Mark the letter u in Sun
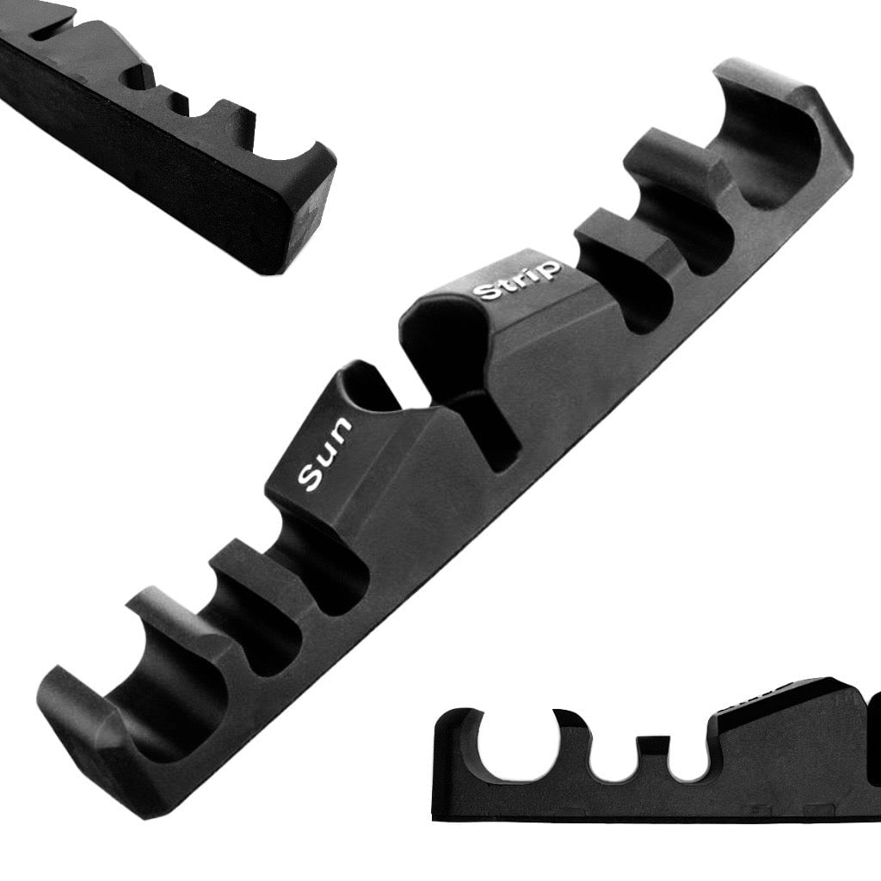point(325,452)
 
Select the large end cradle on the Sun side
point(163,680)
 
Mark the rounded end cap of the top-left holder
point(297,206)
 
